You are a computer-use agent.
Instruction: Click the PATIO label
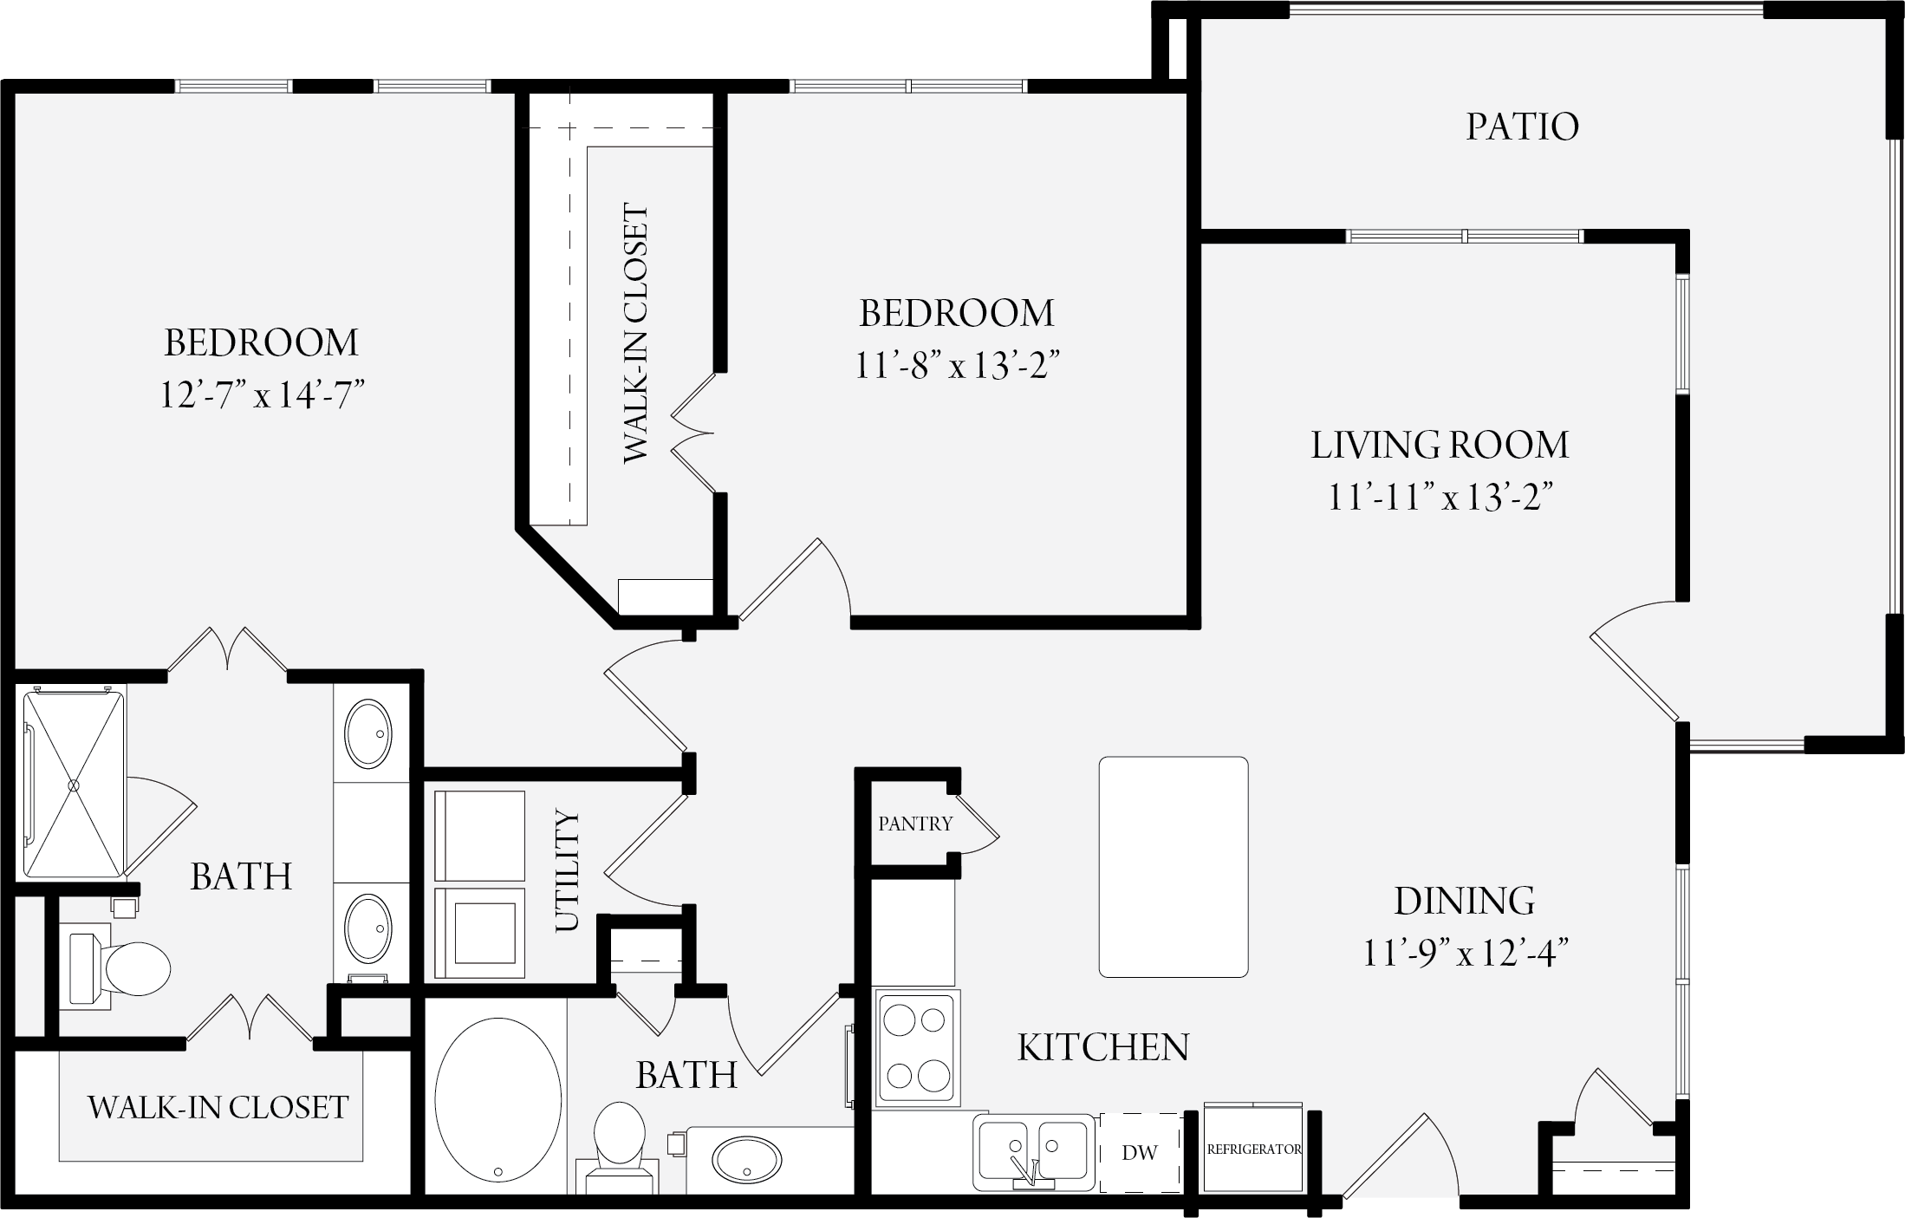1522,127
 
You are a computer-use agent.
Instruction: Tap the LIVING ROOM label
1440,446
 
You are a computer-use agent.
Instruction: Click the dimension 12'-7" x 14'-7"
261,396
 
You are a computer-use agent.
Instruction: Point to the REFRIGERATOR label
1254,1150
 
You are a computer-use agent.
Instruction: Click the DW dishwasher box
1141,1152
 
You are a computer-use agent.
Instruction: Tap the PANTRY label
915,824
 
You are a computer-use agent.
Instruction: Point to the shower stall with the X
75,783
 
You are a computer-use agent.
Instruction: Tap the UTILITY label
566,870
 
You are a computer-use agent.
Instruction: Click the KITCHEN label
1102,1048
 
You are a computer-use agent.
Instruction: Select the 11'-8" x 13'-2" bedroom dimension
958,367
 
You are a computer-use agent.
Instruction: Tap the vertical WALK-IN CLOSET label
635,333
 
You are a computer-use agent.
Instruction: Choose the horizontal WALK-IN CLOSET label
218,1107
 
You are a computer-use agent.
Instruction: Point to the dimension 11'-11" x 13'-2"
1440,499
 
